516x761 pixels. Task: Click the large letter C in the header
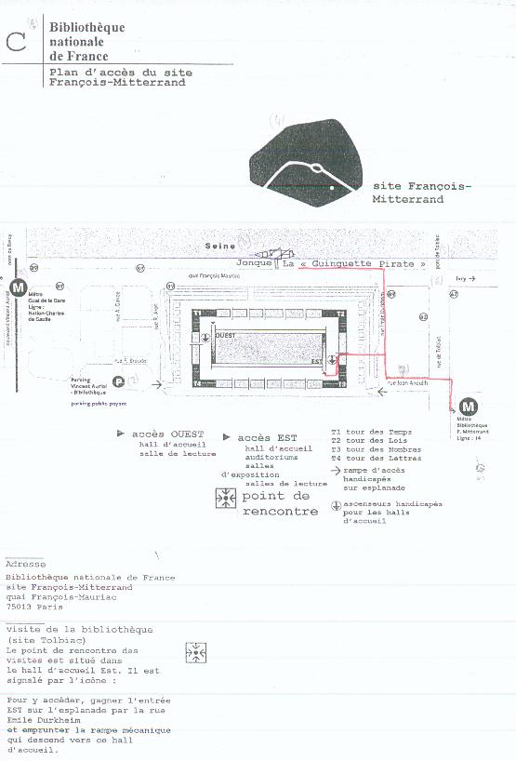coord(15,41)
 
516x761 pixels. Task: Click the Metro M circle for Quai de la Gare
coord(16,283)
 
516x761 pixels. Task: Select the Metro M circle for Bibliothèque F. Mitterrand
coord(469,406)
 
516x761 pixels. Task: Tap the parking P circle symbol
coord(118,380)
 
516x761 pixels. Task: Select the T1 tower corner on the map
coord(197,314)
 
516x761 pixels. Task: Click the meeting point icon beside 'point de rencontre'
coord(226,499)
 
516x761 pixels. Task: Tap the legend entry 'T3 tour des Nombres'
coord(369,449)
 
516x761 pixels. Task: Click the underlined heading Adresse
coord(24,564)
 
